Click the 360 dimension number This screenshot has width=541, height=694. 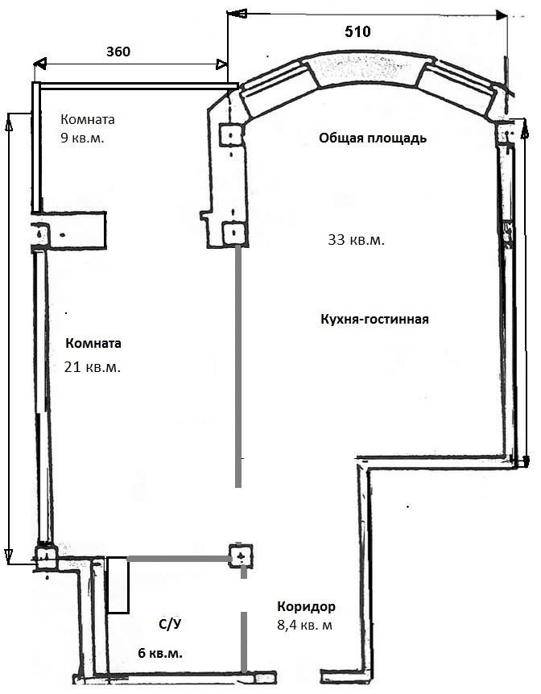point(118,52)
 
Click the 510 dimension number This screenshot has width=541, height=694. point(357,31)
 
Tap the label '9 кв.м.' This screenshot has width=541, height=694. point(82,138)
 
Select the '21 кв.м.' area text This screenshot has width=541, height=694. point(92,367)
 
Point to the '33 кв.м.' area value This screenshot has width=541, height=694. point(356,240)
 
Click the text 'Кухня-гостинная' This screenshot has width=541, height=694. point(374,319)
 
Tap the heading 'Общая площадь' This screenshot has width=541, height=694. point(373,138)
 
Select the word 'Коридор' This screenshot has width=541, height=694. point(307,606)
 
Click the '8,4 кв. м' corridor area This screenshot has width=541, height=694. point(304,626)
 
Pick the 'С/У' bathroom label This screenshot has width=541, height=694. point(171,624)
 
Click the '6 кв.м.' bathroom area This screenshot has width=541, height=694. point(160,653)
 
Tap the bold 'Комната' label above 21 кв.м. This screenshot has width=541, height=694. point(93,343)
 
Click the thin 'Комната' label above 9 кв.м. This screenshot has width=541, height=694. point(88,119)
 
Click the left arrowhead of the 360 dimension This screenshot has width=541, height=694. point(39,64)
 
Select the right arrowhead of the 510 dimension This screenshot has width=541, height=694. point(502,15)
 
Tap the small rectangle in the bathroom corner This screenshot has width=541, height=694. point(118,585)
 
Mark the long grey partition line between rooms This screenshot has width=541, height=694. point(238,366)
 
